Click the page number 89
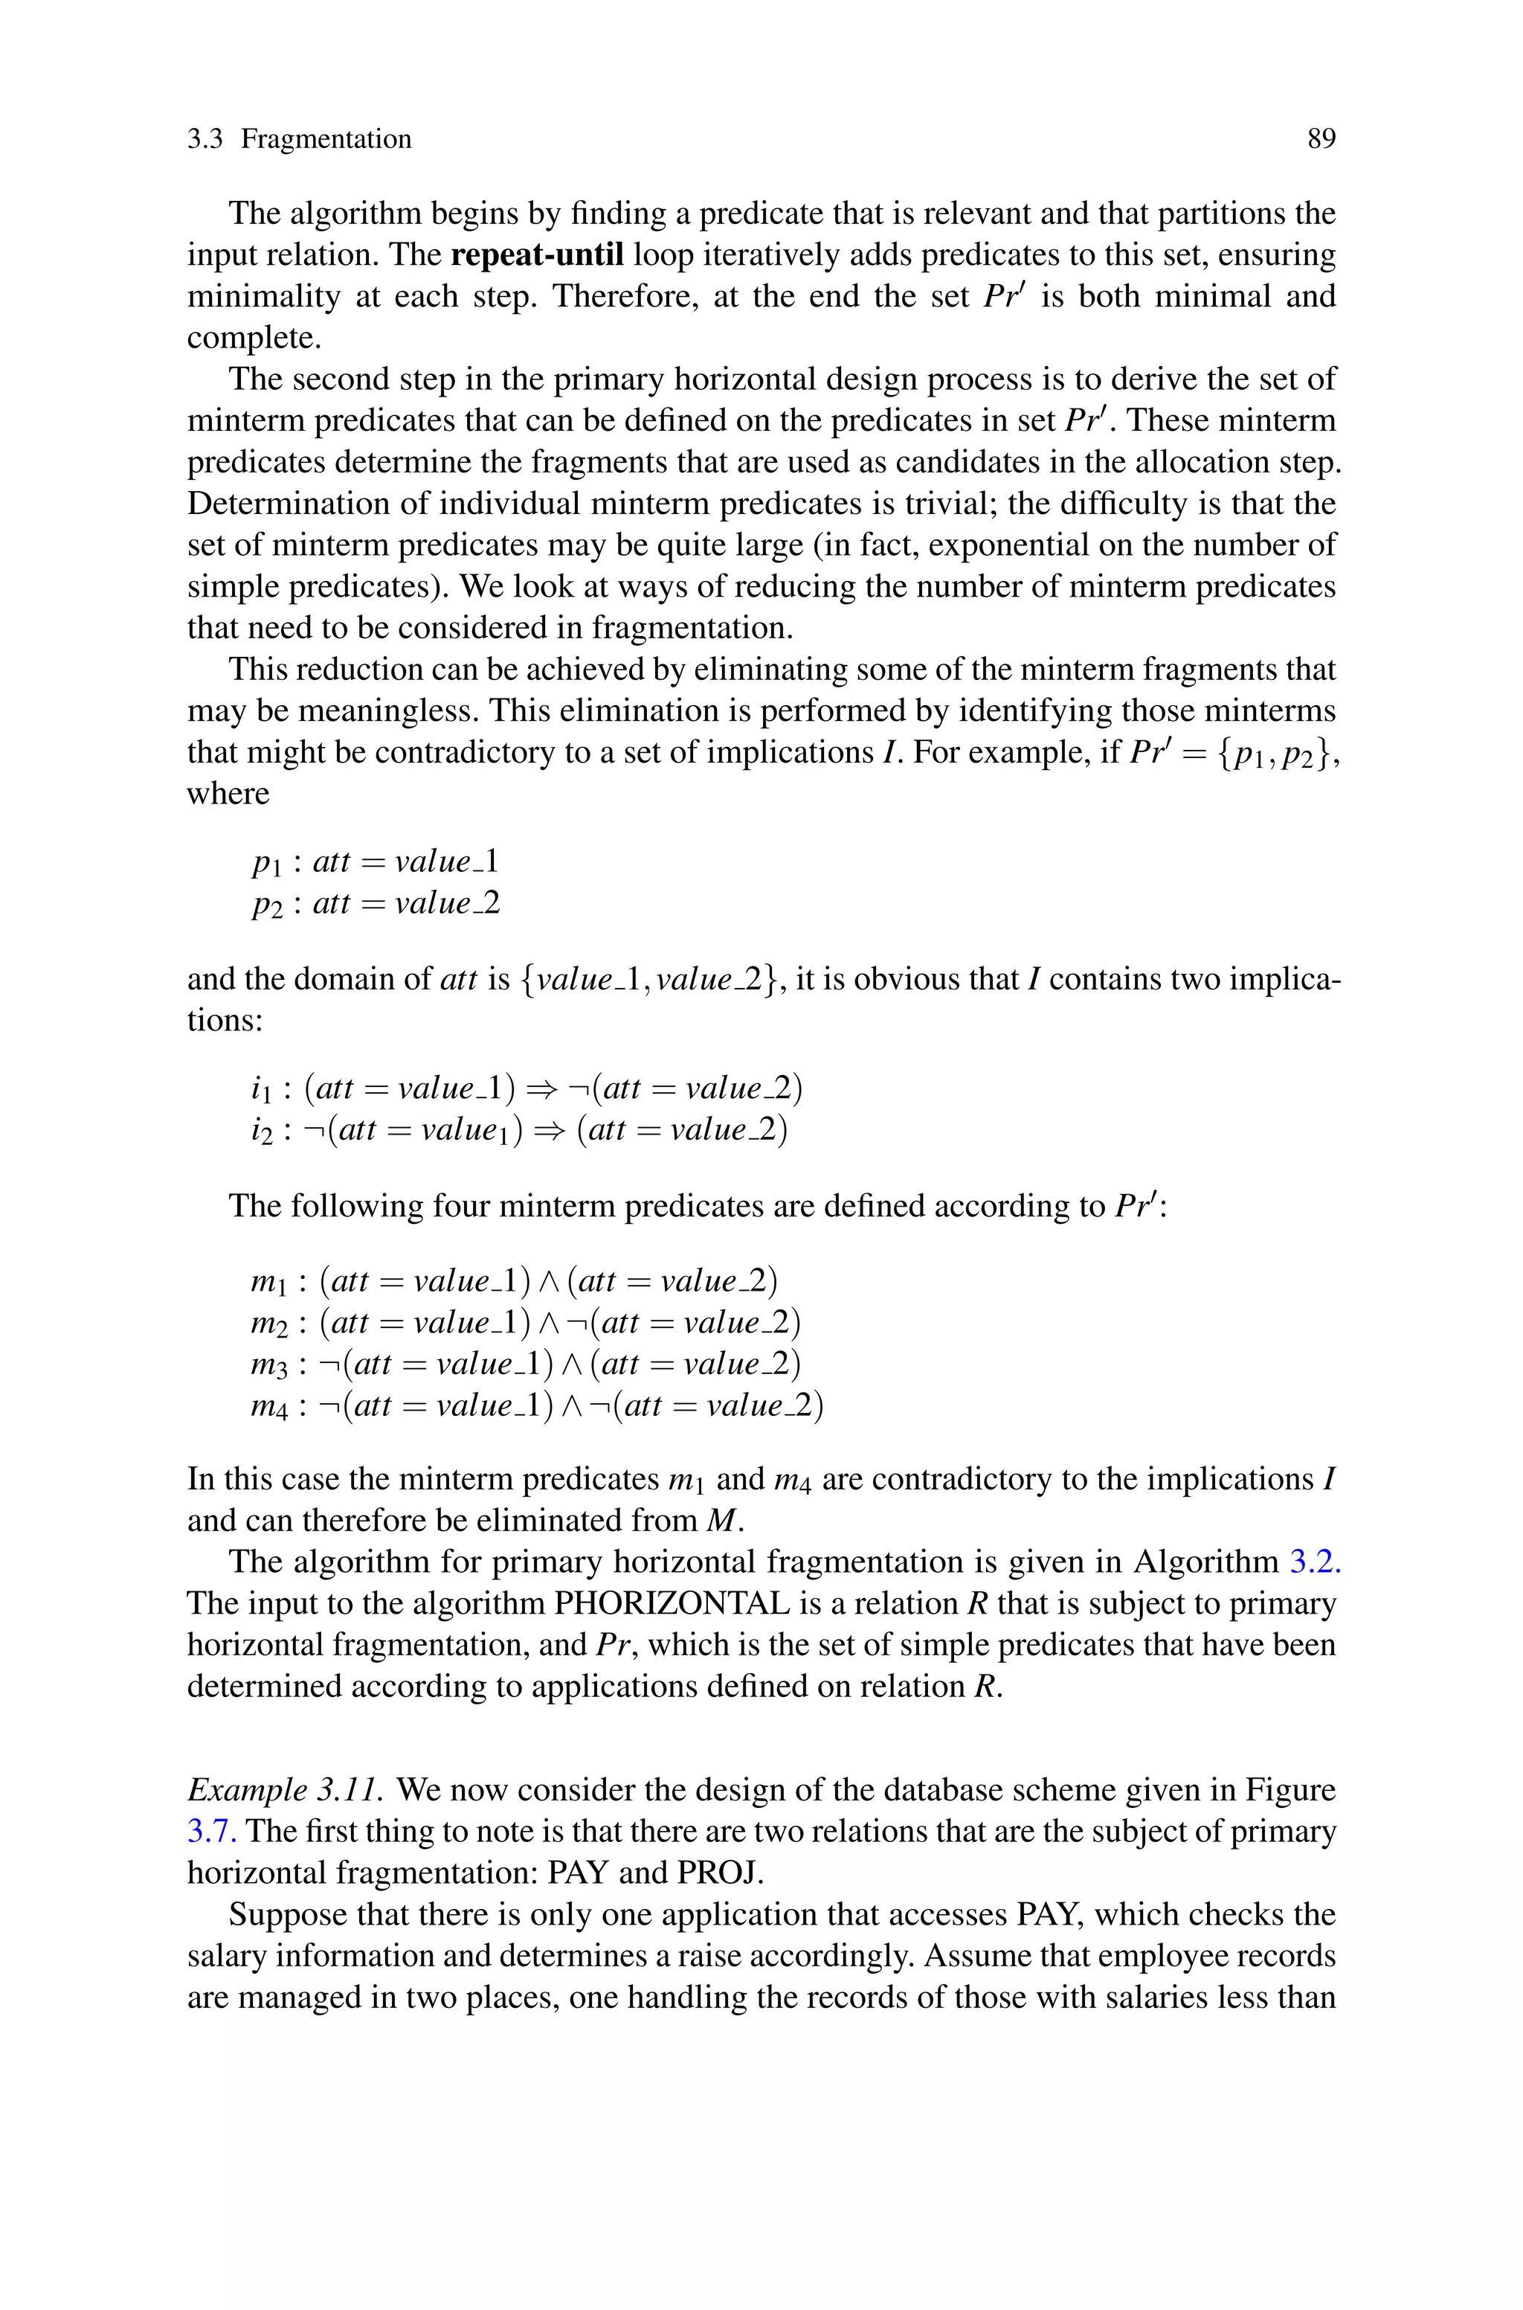1321,139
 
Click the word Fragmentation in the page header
326,139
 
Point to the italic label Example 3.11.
289,1789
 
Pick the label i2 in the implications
263,1131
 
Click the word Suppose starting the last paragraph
288,1915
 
